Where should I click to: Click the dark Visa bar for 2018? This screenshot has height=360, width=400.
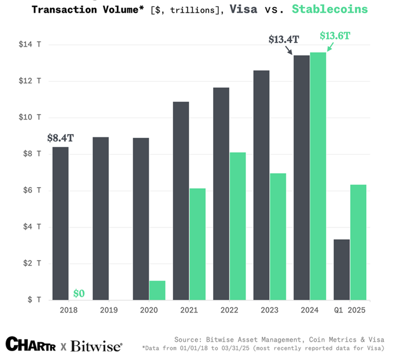click(60, 224)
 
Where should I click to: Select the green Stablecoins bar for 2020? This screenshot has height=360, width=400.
click(157, 290)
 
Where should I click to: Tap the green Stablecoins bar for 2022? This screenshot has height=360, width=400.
click(237, 226)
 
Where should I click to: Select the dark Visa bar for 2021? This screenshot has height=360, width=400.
click(181, 201)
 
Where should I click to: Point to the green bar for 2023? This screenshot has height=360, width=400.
click(278, 237)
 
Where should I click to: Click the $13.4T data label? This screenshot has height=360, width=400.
click(284, 40)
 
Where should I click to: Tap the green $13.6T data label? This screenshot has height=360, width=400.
click(335, 36)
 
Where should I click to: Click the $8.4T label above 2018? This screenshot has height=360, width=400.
click(60, 138)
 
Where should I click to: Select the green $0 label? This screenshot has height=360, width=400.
click(79, 293)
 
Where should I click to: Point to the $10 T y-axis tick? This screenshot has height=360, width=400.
click(30, 117)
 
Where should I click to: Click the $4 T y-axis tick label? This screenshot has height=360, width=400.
click(30, 227)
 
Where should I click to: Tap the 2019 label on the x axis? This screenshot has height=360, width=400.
click(109, 310)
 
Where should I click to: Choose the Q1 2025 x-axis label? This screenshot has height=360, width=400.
click(349, 310)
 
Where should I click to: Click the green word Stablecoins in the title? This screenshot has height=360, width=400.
click(329, 9)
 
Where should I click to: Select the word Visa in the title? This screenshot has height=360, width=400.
click(243, 9)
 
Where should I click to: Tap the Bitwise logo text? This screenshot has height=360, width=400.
click(96, 346)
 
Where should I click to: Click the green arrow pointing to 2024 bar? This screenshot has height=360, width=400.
click(330, 47)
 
